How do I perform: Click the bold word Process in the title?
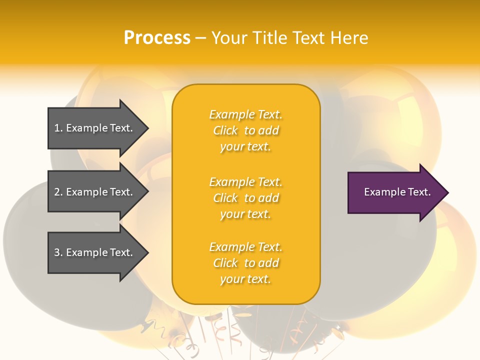157,38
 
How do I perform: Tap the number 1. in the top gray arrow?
58,128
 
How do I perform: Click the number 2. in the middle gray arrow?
58,192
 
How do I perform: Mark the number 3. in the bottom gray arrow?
58,252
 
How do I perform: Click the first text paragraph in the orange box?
245,130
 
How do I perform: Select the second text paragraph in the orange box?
245,198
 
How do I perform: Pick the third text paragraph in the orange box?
245,263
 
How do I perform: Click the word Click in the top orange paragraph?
225,130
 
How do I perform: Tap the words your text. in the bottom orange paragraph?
245,279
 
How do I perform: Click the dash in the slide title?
200,38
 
